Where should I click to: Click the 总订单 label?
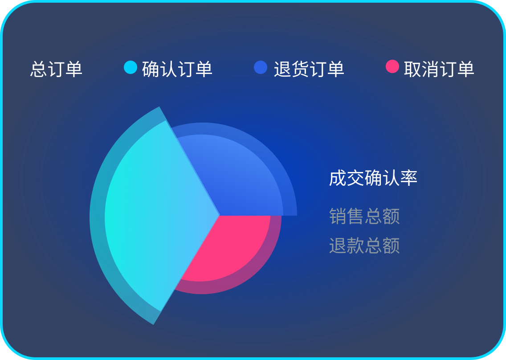(x=57, y=69)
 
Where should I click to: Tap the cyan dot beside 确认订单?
(x=131, y=67)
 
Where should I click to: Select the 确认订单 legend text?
(x=177, y=69)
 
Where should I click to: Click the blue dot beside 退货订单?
(x=261, y=67)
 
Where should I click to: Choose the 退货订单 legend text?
(x=309, y=69)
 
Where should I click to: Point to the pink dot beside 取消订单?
(x=392, y=66)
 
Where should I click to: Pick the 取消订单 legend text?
(x=439, y=69)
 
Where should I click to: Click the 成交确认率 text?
(x=373, y=178)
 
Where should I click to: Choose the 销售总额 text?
(x=364, y=216)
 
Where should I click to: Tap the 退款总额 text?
(x=364, y=245)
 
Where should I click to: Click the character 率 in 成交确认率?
(x=409, y=178)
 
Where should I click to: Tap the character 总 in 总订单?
(x=39, y=69)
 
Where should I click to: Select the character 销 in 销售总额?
(x=338, y=216)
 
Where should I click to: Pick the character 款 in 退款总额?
(x=355, y=245)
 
